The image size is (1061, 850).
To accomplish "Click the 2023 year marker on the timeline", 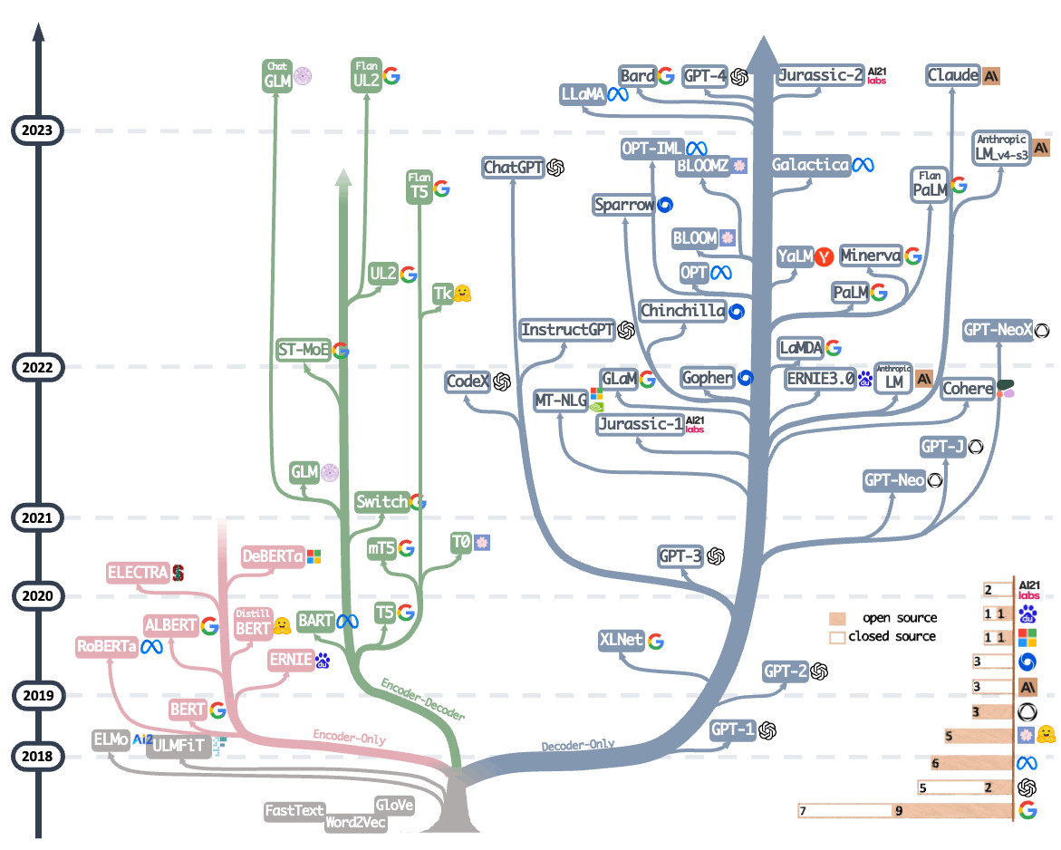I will point(37,130).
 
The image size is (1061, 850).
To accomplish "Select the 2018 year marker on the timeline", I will point(37,756).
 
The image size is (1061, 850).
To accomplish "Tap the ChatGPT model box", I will point(513,167).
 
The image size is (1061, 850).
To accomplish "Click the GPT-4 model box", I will point(706,76).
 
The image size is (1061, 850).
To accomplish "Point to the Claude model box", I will point(953,75).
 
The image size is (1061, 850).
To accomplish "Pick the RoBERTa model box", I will point(107,646).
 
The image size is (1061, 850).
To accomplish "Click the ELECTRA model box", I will point(137,572).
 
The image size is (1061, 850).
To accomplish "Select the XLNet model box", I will point(621,640).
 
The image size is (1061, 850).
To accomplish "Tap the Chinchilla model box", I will point(683,311).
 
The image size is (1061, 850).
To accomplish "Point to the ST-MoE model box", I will point(304,350).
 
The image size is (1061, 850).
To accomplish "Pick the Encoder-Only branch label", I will point(350,737).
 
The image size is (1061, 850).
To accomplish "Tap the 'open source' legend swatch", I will point(837,618).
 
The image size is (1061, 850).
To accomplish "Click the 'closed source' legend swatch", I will point(837,636).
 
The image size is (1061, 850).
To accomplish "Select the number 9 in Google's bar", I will point(899,811).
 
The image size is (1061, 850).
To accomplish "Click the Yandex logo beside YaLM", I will point(824,256).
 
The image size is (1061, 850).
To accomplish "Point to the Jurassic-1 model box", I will point(641,423).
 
